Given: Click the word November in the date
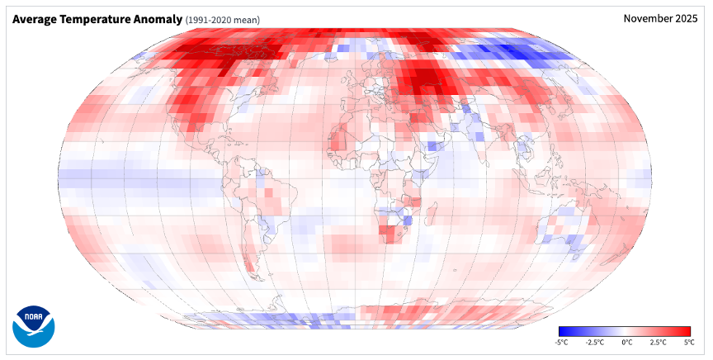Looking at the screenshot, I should point(647,18).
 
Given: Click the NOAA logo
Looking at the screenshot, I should point(33,325).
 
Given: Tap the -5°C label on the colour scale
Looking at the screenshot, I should point(562,342).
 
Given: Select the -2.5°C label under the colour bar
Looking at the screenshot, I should point(594,342).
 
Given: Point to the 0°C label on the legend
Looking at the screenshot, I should point(626,342).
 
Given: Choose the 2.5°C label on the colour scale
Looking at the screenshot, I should point(657,342).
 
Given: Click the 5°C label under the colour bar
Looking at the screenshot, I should point(687,342).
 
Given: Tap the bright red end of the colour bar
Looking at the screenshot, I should point(687,331).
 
